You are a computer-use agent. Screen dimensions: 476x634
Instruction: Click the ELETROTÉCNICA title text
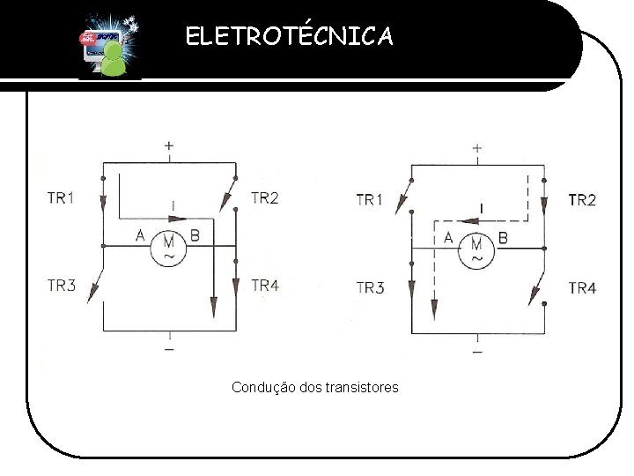[291, 36]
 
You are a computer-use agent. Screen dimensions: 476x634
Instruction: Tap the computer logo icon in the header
[105, 46]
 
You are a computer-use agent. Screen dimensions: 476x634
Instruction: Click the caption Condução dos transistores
[314, 387]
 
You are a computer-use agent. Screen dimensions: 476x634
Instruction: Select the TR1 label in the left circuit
[60, 198]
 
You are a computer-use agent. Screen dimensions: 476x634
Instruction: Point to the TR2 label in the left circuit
[265, 198]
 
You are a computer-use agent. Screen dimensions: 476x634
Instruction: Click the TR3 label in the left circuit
[60, 285]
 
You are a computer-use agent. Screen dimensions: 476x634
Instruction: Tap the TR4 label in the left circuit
[265, 285]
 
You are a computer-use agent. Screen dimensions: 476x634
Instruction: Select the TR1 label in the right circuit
[370, 200]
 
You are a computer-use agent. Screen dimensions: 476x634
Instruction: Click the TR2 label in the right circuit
[582, 200]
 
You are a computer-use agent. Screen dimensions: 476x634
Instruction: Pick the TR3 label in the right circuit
[370, 287]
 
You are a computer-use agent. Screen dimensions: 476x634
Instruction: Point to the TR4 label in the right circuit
[582, 287]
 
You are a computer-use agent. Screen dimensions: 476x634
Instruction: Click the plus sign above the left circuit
[168, 145]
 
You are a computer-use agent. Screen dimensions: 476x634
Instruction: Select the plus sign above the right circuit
[476, 147]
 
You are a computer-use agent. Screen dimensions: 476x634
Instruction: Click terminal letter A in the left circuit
[139, 234]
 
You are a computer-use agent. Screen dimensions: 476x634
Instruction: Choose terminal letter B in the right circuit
[504, 236]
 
